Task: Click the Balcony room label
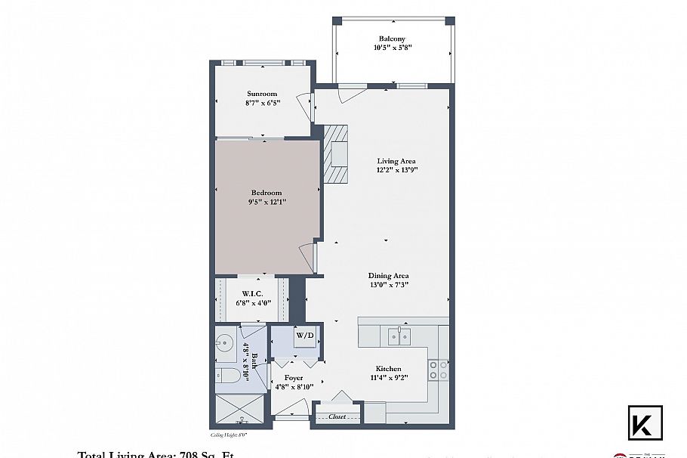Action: coord(392,39)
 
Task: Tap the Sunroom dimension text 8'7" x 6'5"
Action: coord(262,103)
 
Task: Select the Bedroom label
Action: coord(266,193)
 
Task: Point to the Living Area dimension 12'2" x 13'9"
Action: coord(396,170)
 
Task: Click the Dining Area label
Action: coord(388,275)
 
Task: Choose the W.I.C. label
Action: coord(251,293)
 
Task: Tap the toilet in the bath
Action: coord(227,376)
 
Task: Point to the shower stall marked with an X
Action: coord(240,412)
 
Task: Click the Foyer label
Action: coord(293,378)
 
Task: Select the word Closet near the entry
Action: coord(337,416)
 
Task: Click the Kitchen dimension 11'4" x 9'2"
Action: coord(388,377)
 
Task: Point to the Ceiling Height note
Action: coord(228,435)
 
